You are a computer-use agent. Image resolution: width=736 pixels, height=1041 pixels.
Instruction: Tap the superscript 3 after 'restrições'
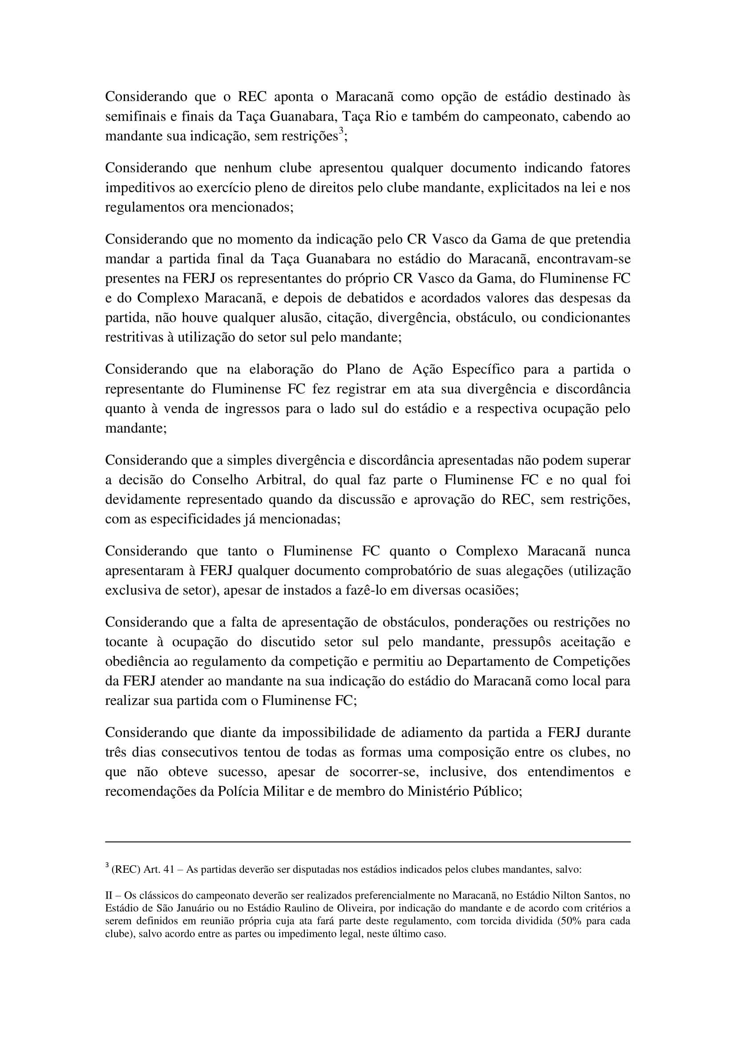[341, 131]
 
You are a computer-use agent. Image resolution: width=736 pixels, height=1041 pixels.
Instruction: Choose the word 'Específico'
[483, 369]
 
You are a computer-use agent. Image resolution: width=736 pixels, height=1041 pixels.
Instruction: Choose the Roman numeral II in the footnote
[109, 895]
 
